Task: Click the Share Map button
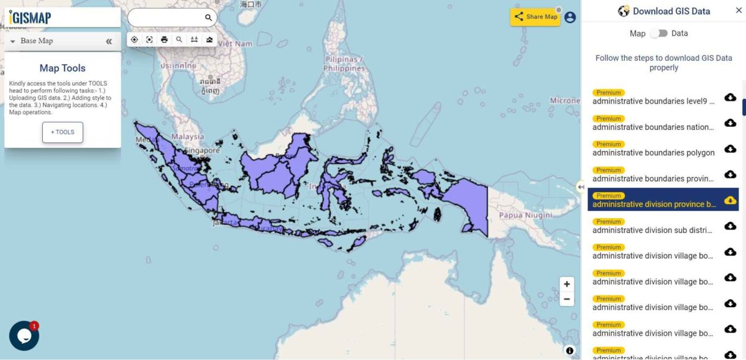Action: pyautogui.click(x=535, y=17)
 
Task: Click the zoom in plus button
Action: pyautogui.click(x=567, y=284)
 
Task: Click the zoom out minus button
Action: pyautogui.click(x=567, y=299)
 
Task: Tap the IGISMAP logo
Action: pyautogui.click(x=30, y=17)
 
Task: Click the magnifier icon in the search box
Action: pyautogui.click(x=209, y=18)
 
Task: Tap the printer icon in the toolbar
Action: pyautogui.click(x=164, y=40)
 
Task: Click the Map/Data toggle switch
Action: pyautogui.click(x=658, y=34)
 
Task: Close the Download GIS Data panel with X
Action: pyautogui.click(x=739, y=11)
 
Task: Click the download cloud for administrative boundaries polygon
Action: pyautogui.click(x=730, y=149)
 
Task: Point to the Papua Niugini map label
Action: pyautogui.click(x=525, y=215)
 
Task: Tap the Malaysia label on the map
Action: pyautogui.click(x=188, y=137)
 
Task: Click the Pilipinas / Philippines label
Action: pyautogui.click(x=344, y=63)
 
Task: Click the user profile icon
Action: pyautogui.click(x=570, y=17)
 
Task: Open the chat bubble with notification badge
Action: pyautogui.click(x=24, y=336)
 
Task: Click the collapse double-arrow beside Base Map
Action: pyautogui.click(x=109, y=41)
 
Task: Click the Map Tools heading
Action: pyautogui.click(x=63, y=68)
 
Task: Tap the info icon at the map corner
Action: pyautogui.click(x=569, y=351)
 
